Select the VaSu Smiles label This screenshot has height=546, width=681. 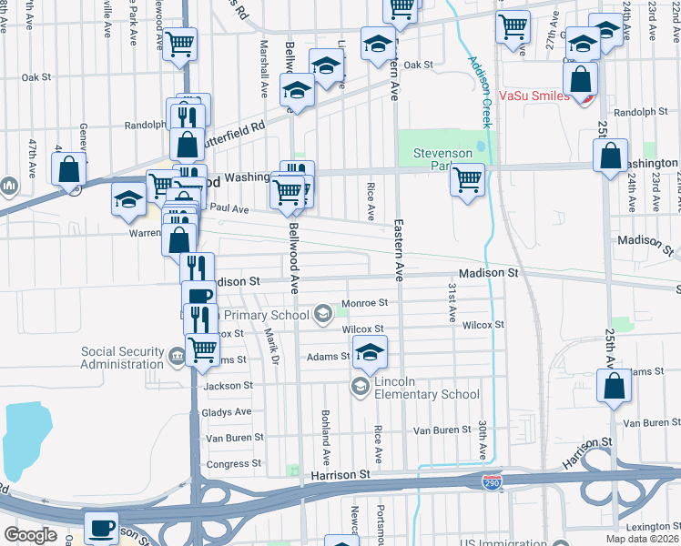point(534,95)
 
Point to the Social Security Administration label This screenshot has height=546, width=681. point(122,358)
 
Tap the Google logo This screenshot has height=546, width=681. point(30,535)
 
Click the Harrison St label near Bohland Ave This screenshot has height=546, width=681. point(340,475)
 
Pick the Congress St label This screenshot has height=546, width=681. point(234,464)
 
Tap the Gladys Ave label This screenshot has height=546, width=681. point(227,411)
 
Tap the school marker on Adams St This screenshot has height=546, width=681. point(370,351)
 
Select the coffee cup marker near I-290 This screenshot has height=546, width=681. point(101,528)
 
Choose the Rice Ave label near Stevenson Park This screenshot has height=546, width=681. point(371,202)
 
